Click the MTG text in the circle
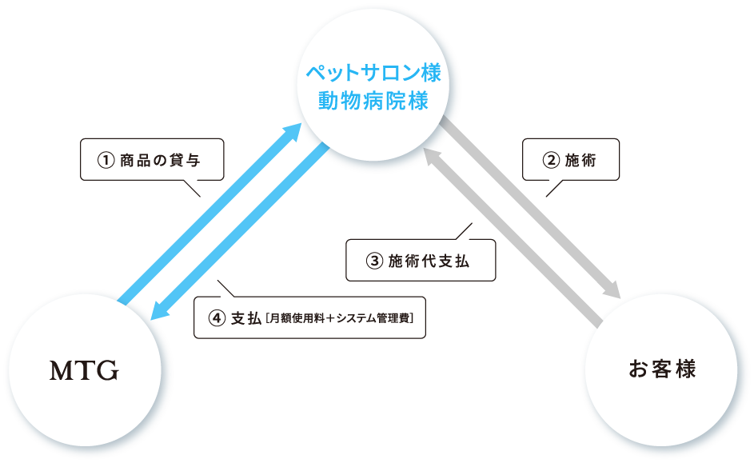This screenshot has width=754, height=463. pyautogui.click(x=84, y=371)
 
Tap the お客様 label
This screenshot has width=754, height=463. pyautogui.click(x=663, y=369)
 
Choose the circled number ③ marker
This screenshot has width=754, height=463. pyautogui.click(x=373, y=261)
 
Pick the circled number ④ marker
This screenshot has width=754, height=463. pyautogui.click(x=217, y=318)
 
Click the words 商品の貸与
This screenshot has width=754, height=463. pyautogui.click(x=159, y=160)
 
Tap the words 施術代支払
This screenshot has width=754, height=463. pyautogui.click(x=429, y=261)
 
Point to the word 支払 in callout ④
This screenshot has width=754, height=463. pyautogui.click(x=245, y=318)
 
